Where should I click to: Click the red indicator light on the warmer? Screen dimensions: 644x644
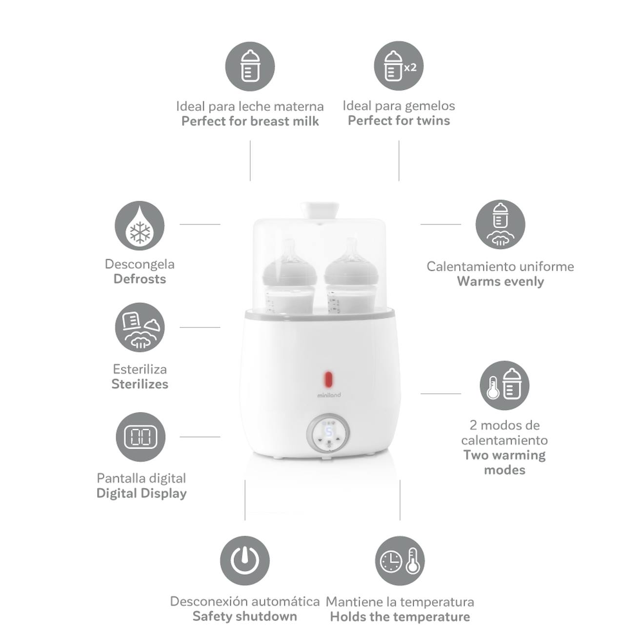(329, 379)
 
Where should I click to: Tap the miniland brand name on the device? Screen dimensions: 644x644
(329, 395)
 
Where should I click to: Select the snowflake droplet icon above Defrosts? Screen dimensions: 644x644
(140, 225)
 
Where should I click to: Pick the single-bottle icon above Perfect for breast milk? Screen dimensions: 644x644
(250, 66)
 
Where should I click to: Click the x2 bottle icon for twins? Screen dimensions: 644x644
(399, 66)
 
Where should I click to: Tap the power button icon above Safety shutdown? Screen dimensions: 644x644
(244, 561)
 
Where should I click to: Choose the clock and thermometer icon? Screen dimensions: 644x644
(400, 561)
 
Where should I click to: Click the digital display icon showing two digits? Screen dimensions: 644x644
(141, 437)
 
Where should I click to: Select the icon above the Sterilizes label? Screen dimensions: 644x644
(140, 327)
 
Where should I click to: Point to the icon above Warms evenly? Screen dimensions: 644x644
(500, 224)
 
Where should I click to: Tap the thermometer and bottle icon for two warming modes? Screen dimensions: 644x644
(504, 385)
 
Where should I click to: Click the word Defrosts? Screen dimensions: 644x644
(140, 279)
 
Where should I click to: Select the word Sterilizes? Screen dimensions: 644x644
(140, 384)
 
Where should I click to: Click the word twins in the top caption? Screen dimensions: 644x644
(433, 121)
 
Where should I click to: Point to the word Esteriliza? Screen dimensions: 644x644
(140, 369)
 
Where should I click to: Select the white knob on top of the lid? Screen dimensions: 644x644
(320, 211)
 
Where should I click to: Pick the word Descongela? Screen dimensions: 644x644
(140, 264)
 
